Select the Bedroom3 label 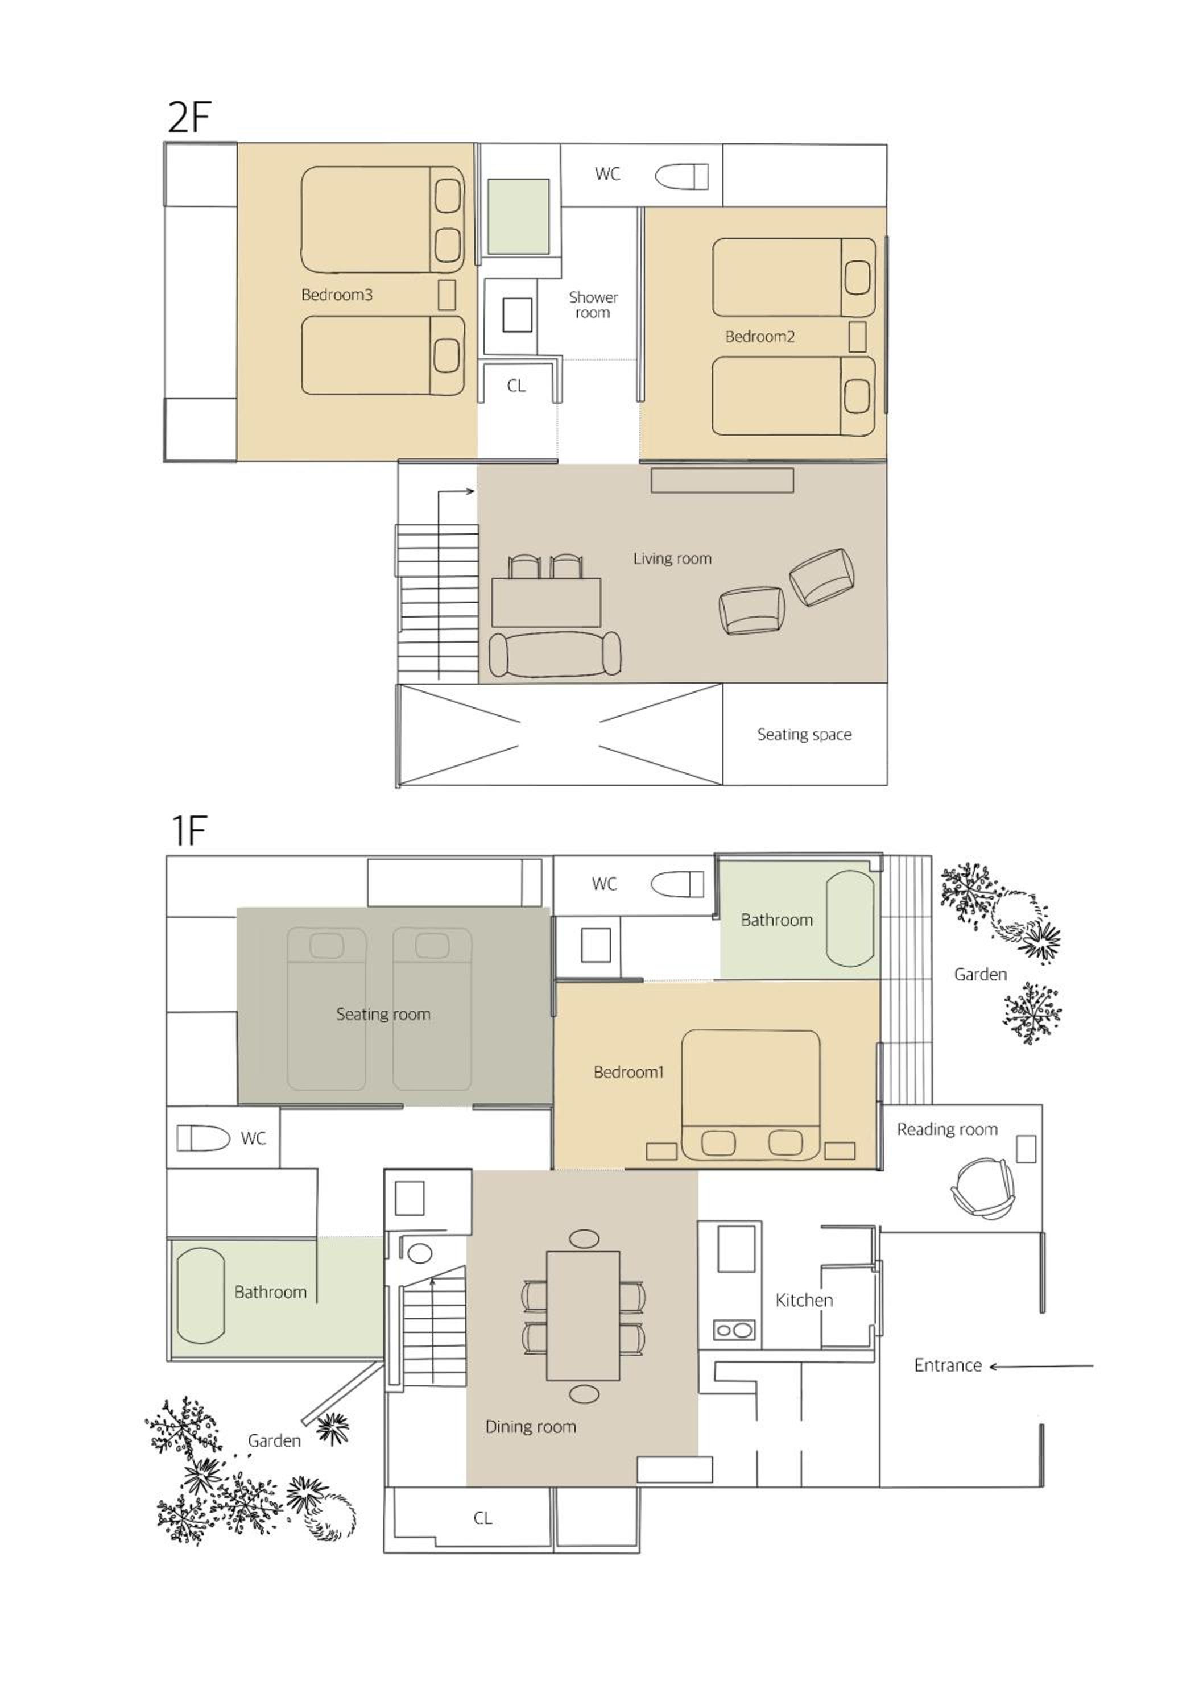pyautogui.click(x=337, y=294)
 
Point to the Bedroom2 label pyautogui.click(x=760, y=337)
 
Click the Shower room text pyautogui.click(x=593, y=305)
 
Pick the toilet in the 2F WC pyautogui.click(x=681, y=176)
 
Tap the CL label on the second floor pyautogui.click(x=516, y=386)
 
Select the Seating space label pyautogui.click(x=804, y=734)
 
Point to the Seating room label pyautogui.click(x=383, y=1015)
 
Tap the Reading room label pyautogui.click(x=947, y=1129)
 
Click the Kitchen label pyautogui.click(x=804, y=1299)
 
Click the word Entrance pyautogui.click(x=948, y=1365)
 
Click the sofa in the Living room pyautogui.click(x=555, y=655)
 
